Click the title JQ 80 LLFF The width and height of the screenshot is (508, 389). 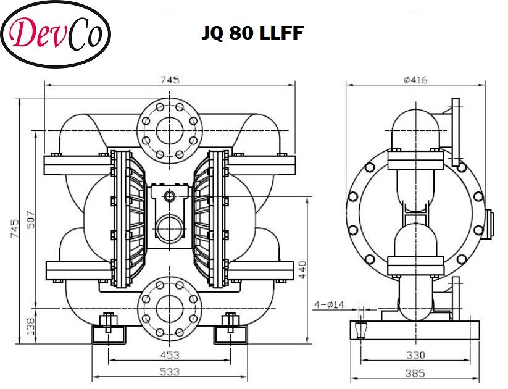[252, 33]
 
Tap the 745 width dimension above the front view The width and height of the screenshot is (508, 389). [170, 79]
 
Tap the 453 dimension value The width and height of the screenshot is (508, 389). [170, 355]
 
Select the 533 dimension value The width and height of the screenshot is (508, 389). [170, 372]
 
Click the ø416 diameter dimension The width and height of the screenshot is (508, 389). [415, 79]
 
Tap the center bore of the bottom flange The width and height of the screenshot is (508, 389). [169, 306]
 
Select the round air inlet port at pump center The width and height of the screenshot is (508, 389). [169, 228]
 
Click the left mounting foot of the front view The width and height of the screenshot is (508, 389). [109, 333]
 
